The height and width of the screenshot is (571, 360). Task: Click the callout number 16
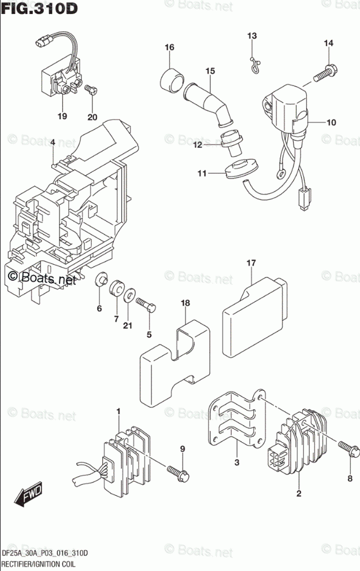coord(169,47)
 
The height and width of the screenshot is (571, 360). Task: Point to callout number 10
coord(331,123)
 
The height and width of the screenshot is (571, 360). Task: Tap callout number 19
coord(62,117)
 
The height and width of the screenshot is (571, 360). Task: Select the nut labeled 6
coord(101,281)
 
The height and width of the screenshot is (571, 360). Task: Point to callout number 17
coord(250,264)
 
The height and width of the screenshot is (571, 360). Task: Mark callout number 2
coord(299,493)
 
